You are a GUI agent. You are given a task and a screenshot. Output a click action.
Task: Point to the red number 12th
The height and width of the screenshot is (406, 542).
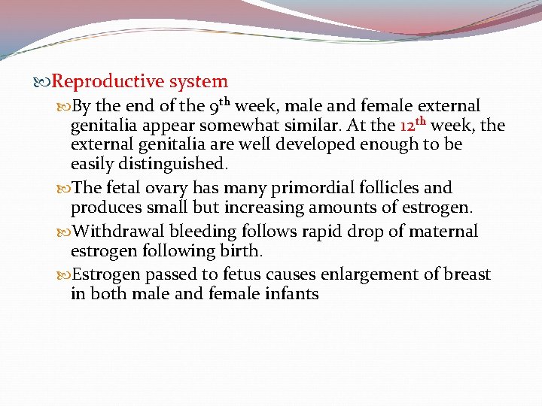(413, 125)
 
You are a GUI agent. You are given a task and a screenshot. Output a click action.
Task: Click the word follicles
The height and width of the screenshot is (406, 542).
(391, 188)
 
